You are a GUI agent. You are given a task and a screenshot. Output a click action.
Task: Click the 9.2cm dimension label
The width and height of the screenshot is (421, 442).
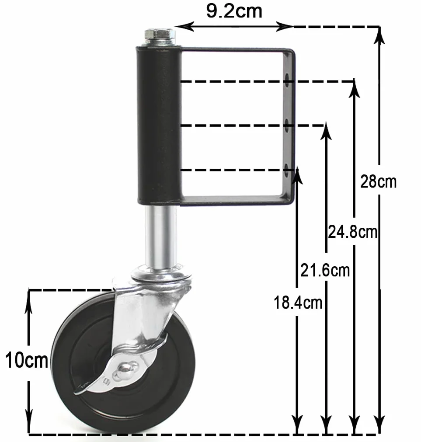pyautogui.click(x=234, y=11)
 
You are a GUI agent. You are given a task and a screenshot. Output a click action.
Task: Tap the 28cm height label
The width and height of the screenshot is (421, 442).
pyautogui.click(x=379, y=181)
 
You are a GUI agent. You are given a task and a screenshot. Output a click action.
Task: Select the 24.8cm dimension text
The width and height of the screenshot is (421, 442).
pyautogui.click(x=352, y=232)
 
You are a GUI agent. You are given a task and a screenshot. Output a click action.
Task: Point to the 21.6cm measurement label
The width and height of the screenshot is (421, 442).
pyautogui.click(x=325, y=270)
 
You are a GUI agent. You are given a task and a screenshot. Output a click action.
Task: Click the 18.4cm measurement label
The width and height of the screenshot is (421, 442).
pyautogui.click(x=298, y=303)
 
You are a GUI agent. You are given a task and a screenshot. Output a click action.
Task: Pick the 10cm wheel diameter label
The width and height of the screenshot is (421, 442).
pyautogui.click(x=27, y=360)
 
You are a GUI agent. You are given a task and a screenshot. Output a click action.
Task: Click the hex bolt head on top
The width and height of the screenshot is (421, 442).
pyautogui.click(x=160, y=35)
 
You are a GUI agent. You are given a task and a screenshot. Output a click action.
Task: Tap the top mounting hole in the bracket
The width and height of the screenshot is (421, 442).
pyautogui.click(x=287, y=77)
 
